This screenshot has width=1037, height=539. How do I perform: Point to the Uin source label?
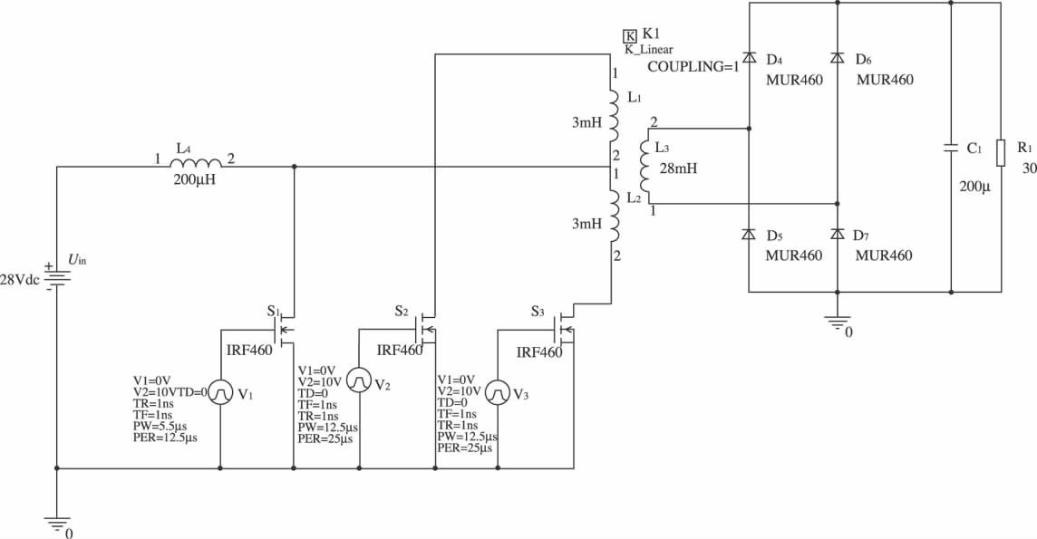[79, 260]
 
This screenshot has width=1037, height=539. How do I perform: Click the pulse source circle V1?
[221, 393]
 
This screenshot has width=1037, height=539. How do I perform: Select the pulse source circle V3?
[498, 393]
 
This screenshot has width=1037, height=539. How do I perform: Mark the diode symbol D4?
[750, 59]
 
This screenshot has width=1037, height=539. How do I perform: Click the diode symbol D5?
[750, 234]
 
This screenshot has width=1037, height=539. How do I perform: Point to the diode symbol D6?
[837, 59]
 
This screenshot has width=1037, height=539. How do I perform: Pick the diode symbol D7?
[837, 234]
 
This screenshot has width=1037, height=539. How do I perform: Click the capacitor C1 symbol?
[951, 147]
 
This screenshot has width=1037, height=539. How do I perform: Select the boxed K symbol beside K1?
[629, 35]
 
